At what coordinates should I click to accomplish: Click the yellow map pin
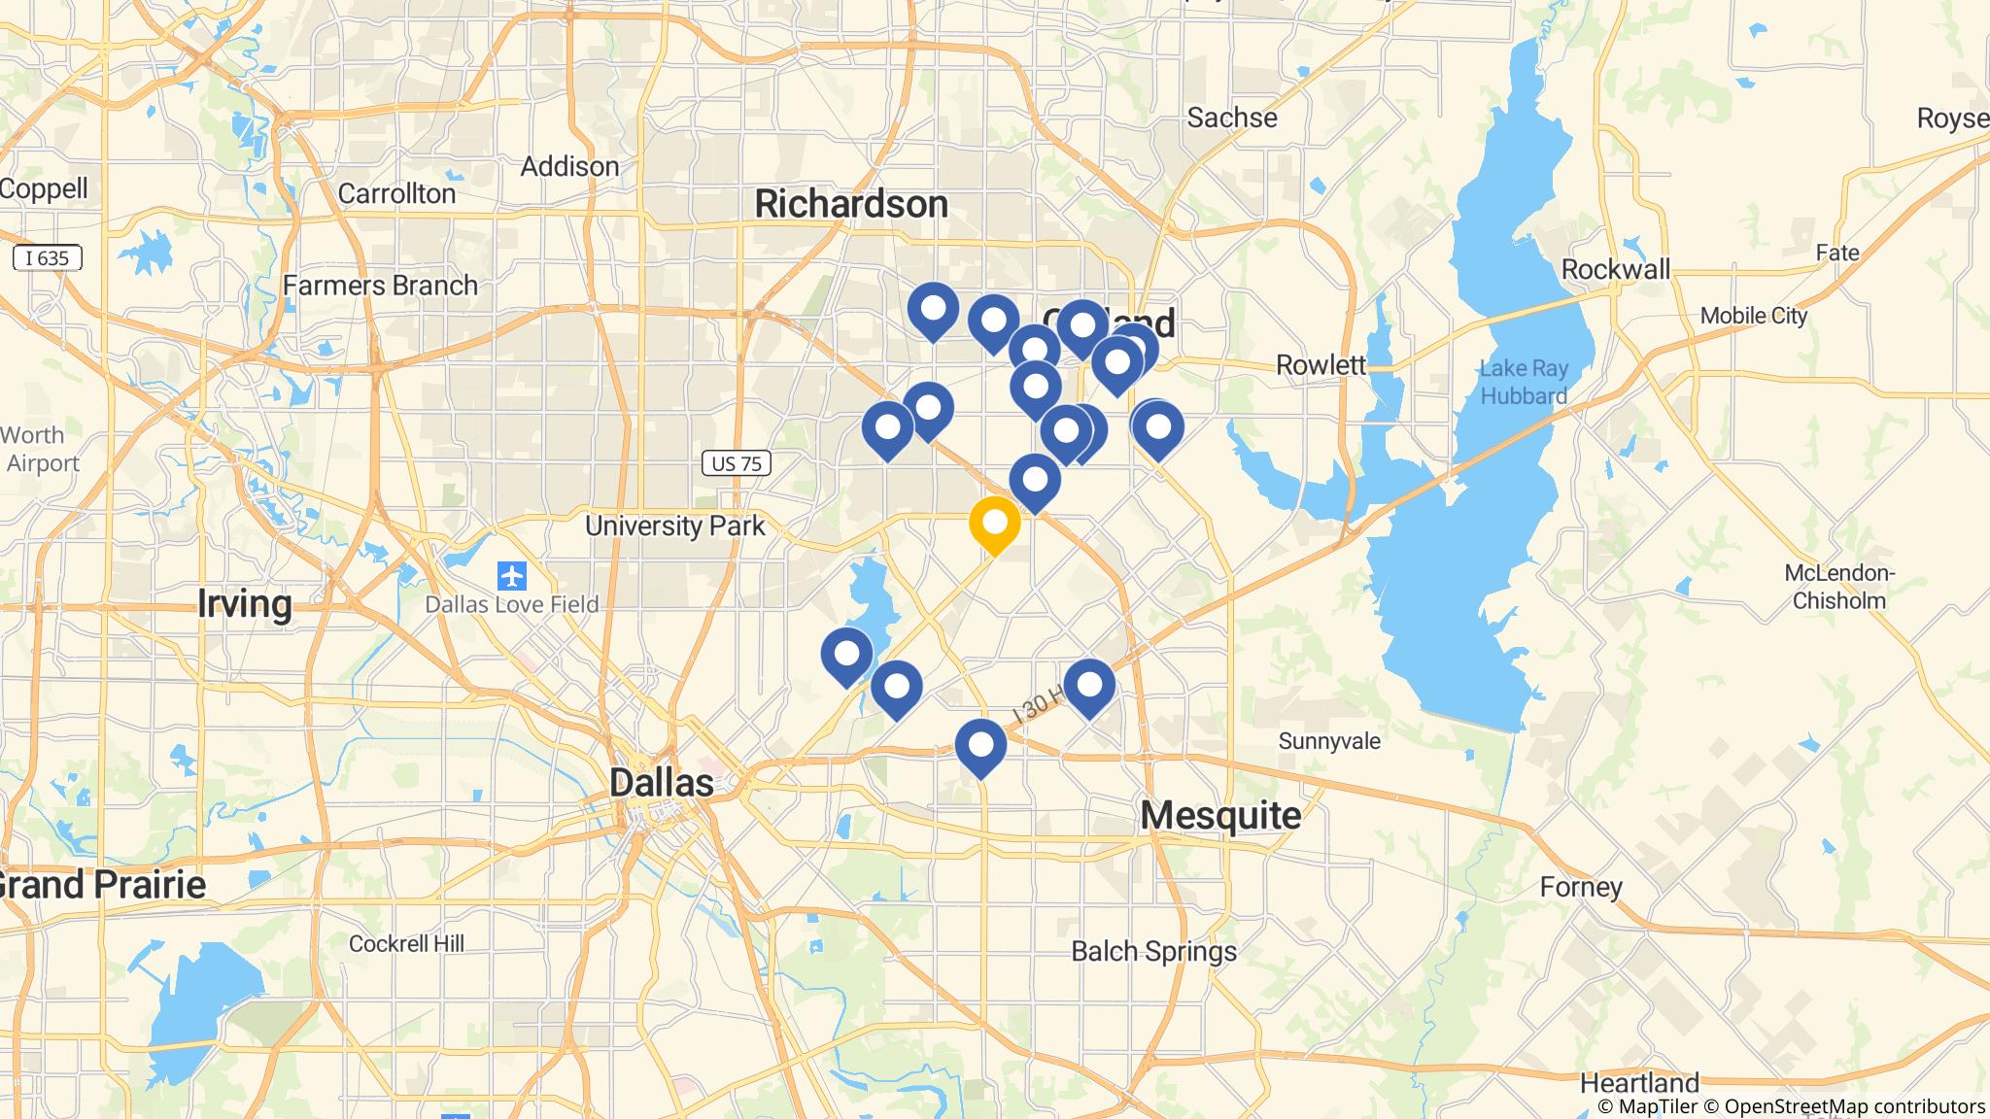coord(994,525)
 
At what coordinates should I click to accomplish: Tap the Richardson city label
coord(851,204)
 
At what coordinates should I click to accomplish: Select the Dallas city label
coord(662,783)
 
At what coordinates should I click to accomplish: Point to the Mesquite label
coord(1220,816)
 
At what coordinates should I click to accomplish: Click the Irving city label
coord(244,604)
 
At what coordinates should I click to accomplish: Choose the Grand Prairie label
coord(101,885)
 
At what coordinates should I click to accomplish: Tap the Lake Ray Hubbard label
coord(1524,382)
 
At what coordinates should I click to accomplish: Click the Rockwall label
coord(1616,269)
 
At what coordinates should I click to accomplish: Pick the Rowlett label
coord(1321,365)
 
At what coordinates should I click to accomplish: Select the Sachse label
coord(1232,119)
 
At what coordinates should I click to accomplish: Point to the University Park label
coord(675,526)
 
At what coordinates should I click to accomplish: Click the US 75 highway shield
coord(737,464)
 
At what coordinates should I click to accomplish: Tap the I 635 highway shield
coord(47,257)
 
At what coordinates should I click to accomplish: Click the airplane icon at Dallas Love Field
coord(511,576)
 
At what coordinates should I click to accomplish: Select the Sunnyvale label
coord(1329,741)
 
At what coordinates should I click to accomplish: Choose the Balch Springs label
coord(1153,951)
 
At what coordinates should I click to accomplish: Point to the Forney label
coord(1581,887)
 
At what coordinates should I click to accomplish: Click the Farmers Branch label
coord(381,286)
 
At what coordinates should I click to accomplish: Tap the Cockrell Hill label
coord(406,943)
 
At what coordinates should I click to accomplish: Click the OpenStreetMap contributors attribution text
coord(1857,1106)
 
